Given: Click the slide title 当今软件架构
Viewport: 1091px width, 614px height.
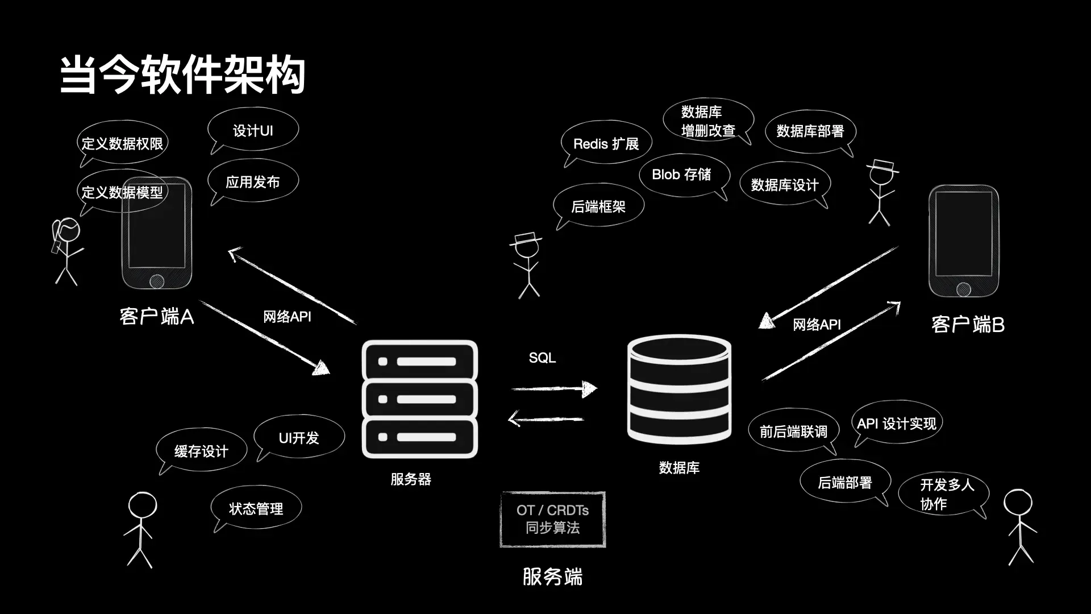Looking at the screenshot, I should click(183, 74).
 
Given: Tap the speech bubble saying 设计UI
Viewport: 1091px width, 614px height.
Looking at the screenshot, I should click(253, 130).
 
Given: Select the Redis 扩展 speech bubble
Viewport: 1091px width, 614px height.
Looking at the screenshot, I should click(606, 143).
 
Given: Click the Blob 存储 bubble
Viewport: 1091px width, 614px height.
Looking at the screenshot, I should click(682, 175).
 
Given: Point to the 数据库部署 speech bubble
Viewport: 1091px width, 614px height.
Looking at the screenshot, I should click(810, 131).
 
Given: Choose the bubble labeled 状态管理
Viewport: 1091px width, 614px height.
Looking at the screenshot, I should click(256, 508).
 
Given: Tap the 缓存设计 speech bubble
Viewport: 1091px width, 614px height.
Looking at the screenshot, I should click(201, 451).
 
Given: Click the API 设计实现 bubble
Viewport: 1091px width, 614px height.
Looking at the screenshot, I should click(897, 424).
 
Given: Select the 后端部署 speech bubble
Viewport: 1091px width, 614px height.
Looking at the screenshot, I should click(845, 482).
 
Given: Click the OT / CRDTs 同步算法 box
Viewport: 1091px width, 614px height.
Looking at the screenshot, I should click(553, 519).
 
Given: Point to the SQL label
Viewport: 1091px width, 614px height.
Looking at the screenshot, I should click(542, 358).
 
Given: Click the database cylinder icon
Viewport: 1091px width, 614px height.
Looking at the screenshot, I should click(679, 389).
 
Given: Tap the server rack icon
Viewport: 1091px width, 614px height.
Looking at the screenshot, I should click(420, 399).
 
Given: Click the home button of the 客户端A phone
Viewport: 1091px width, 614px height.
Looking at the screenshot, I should click(157, 281).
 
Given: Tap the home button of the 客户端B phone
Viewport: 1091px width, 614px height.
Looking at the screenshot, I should click(964, 289).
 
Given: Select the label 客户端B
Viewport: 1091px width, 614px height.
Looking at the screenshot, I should click(968, 325).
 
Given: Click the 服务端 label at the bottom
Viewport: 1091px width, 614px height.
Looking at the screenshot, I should click(552, 576).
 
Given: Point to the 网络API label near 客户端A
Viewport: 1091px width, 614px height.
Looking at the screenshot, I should click(287, 317).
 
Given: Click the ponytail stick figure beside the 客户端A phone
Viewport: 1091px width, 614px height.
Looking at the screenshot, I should click(67, 250).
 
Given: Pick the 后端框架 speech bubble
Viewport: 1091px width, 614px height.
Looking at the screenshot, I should click(598, 206).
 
